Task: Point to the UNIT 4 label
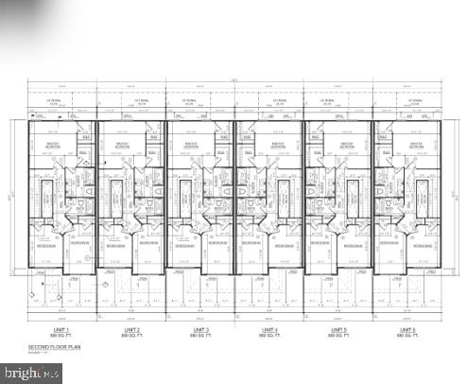[x=268, y=329]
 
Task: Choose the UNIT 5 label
[x=337, y=329]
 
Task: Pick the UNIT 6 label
[x=406, y=329]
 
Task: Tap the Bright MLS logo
[x=31, y=374]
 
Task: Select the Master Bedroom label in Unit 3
[x=185, y=147]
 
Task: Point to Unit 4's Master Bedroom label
[x=280, y=147]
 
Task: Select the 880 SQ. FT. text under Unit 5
[x=337, y=336]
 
